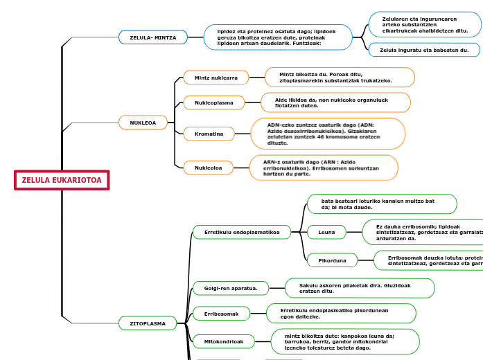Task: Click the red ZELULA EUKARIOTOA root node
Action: (x=62, y=180)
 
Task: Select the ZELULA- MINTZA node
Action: (x=153, y=37)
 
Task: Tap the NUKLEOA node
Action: (x=143, y=123)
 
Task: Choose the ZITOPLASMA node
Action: (x=148, y=323)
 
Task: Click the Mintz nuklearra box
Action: (x=216, y=78)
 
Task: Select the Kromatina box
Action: (x=209, y=133)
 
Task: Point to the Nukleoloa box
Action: (x=208, y=168)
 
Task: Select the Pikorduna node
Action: (x=332, y=260)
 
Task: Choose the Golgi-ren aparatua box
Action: (x=225, y=288)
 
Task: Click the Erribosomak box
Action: (x=220, y=314)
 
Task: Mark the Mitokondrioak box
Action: (x=224, y=341)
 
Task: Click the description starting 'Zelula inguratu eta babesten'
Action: (x=425, y=50)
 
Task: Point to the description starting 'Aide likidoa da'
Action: (x=335, y=102)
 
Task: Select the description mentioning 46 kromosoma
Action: (x=327, y=134)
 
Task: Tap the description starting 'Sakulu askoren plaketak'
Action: (x=360, y=288)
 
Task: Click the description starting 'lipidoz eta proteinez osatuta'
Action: (x=278, y=37)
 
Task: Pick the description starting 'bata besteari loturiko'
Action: (x=382, y=204)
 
